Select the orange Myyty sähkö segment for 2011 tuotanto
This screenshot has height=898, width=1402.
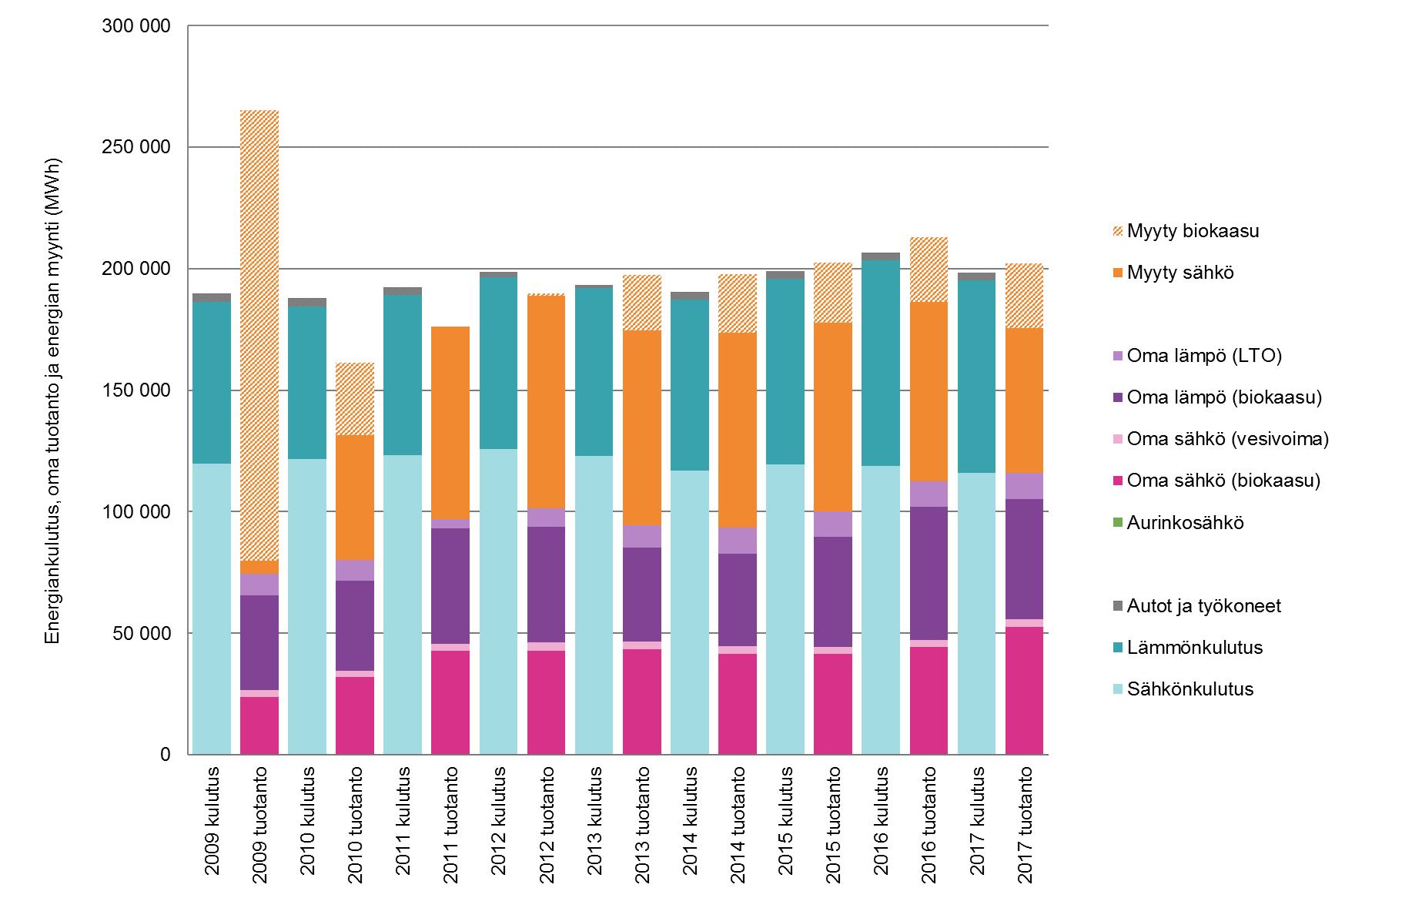pyautogui.click(x=450, y=422)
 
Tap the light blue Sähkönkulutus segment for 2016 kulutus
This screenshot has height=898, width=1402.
pyautogui.click(x=881, y=609)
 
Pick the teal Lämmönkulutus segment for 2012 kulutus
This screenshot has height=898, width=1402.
pyautogui.click(x=498, y=362)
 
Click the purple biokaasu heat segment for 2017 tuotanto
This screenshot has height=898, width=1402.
pyautogui.click(x=1024, y=558)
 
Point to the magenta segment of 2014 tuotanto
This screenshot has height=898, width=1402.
pyautogui.click(x=738, y=703)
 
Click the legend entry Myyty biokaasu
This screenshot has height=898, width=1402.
pyautogui.click(x=1193, y=231)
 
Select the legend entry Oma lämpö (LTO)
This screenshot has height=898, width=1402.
pyautogui.click(x=1203, y=356)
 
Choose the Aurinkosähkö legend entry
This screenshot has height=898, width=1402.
pyautogui.click(x=1185, y=523)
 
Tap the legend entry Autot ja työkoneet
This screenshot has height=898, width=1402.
pyautogui.click(x=1203, y=606)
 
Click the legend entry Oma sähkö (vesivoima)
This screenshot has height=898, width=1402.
pyautogui.click(x=1227, y=439)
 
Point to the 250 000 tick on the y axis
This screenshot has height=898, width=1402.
pyautogui.click(x=136, y=147)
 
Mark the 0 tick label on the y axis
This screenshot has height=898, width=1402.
pyautogui.click(x=165, y=755)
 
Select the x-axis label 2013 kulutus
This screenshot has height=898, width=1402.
pyautogui.click(x=594, y=821)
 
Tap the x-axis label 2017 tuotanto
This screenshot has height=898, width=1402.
pyautogui.click(x=1025, y=825)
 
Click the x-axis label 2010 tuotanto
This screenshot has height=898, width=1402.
pyautogui.click(x=355, y=825)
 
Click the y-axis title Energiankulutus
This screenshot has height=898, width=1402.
pyautogui.click(x=52, y=400)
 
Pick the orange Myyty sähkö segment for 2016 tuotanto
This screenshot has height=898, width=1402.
pyautogui.click(x=929, y=391)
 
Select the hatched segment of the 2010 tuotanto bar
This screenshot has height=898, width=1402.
pyautogui.click(x=355, y=399)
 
